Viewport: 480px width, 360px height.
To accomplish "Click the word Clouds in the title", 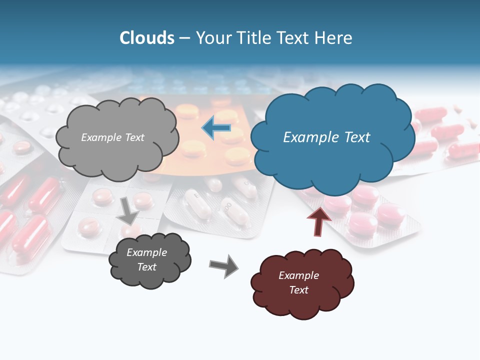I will pyautogui.click(x=147, y=38).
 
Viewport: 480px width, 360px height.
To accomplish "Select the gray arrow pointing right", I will pyautogui.click(x=223, y=266).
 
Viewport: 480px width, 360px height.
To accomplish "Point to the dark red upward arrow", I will pyautogui.click(x=318, y=221).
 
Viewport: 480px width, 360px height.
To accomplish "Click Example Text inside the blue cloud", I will pyautogui.click(x=326, y=137).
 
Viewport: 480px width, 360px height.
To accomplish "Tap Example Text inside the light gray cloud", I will pyautogui.click(x=112, y=137).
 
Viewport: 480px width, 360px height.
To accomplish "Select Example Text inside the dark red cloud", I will pyautogui.click(x=298, y=282).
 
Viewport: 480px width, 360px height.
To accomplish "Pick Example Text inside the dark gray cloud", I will pyautogui.click(x=146, y=259).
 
